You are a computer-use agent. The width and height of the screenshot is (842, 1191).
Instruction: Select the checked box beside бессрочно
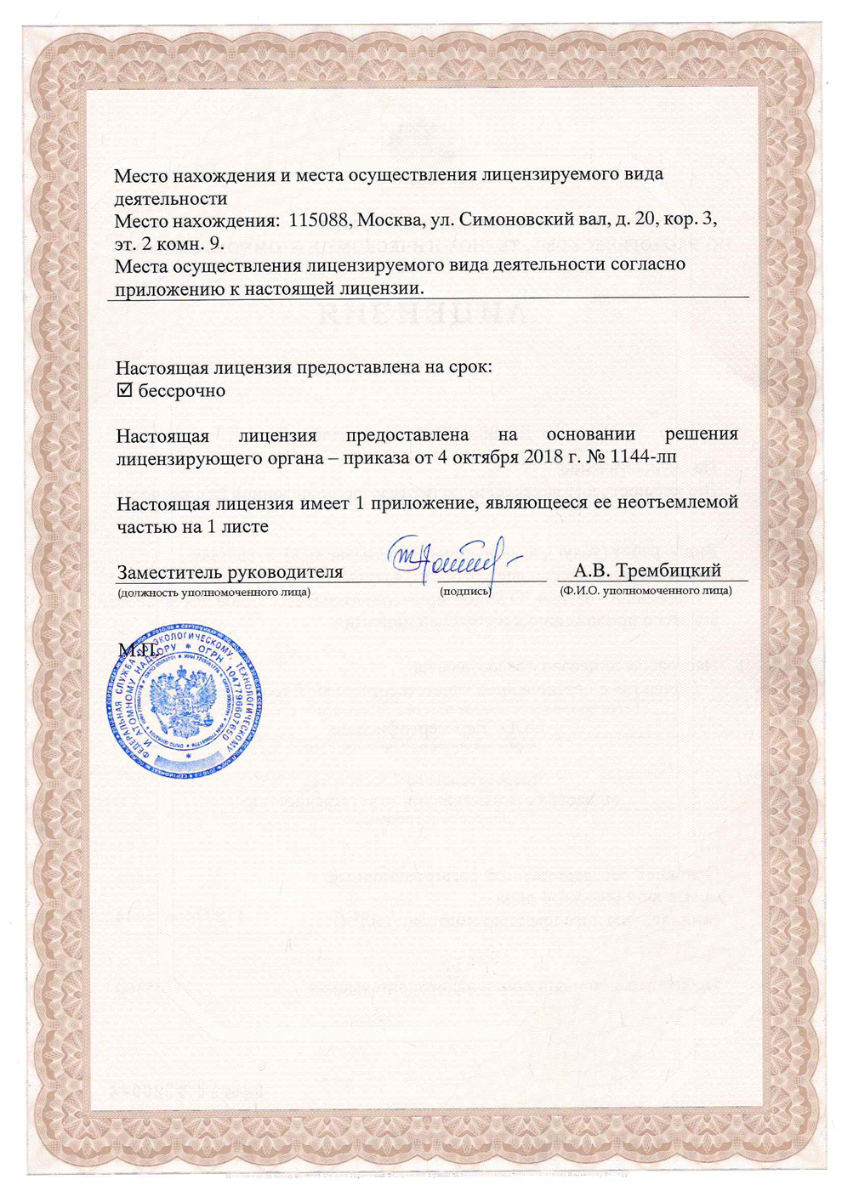coord(125,390)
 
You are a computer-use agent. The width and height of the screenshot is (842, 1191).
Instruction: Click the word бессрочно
coord(182,391)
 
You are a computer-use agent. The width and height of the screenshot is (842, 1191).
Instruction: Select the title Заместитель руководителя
coord(230,571)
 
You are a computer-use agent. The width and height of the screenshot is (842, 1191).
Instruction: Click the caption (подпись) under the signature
coord(465,591)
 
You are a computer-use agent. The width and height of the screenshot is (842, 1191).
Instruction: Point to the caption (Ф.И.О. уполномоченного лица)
coord(646,591)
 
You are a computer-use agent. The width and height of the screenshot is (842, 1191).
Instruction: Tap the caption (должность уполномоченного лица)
coord(213,592)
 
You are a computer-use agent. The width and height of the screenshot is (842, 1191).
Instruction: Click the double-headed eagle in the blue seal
coord(184,700)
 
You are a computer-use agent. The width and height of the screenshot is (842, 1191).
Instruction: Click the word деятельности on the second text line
coord(171,198)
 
